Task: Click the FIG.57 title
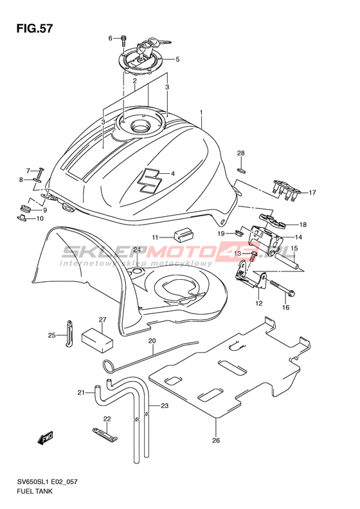point(34,28)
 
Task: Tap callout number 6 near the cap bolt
point(111,39)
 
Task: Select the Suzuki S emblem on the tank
point(149,181)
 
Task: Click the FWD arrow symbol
point(45,439)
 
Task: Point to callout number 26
point(216,440)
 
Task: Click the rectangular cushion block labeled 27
point(97,340)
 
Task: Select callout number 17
point(312,192)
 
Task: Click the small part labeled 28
point(240,169)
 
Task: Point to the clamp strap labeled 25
point(69,333)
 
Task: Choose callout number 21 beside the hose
point(81,393)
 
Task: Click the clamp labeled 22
point(104,434)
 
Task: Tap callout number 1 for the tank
point(201,113)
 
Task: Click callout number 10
point(40,219)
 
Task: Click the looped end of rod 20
point(109,365)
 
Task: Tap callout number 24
point(137,250)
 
